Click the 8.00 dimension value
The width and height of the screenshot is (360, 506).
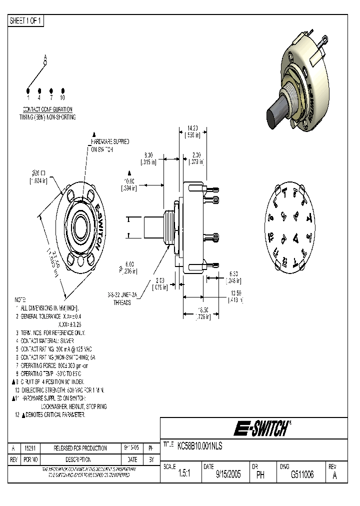(x=148, y=155)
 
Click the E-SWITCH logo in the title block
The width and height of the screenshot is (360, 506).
(x=262, y=428)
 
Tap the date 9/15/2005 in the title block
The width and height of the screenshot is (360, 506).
(x=228, y=475)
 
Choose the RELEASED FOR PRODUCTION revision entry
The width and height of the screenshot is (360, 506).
(x=80, y=448)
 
